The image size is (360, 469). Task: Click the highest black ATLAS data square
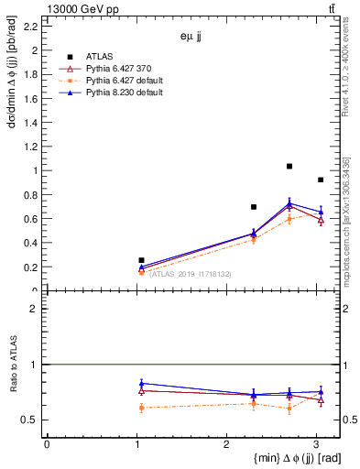pyautogui.click(x=289, y=166)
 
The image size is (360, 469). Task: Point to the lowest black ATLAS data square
pyautogui.click(x=141, y=260)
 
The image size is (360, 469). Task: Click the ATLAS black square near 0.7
pyautogui.click(x=254, y=207)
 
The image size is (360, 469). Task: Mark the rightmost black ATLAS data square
pyautogui.click(x=320, y=180)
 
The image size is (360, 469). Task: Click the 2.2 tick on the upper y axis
pyautogui.click(x=30, y=27)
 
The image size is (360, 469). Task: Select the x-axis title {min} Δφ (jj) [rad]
pyautogui.click(x=286, y=458)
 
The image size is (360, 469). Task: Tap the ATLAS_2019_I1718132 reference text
pyautogui.click(x=190, y=274)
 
